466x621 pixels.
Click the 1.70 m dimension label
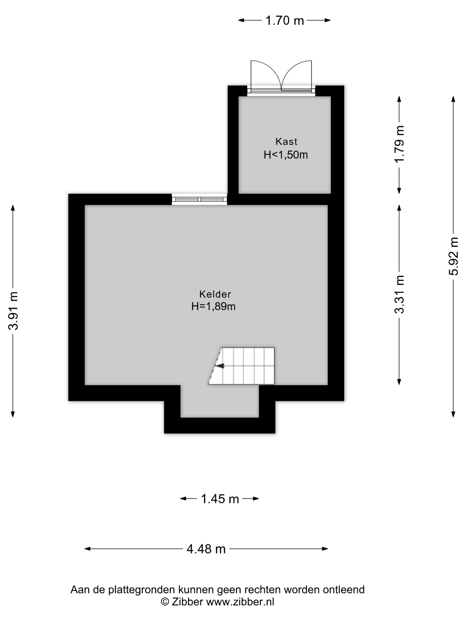[x=284, y=20]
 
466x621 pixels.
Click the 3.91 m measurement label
[x=13, y=310]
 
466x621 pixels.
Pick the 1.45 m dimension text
[x=220, y=499]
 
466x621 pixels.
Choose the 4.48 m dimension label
[x=206, y=549]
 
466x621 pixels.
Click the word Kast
[x=286, y=141]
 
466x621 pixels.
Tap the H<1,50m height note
[x=286, y=155]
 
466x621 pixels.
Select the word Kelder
[x=215, y=294]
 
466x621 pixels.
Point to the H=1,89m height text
[x=213, y=306]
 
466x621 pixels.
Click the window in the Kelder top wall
[x=199, y=199]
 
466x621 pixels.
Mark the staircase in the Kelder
[x=241, y=366]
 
